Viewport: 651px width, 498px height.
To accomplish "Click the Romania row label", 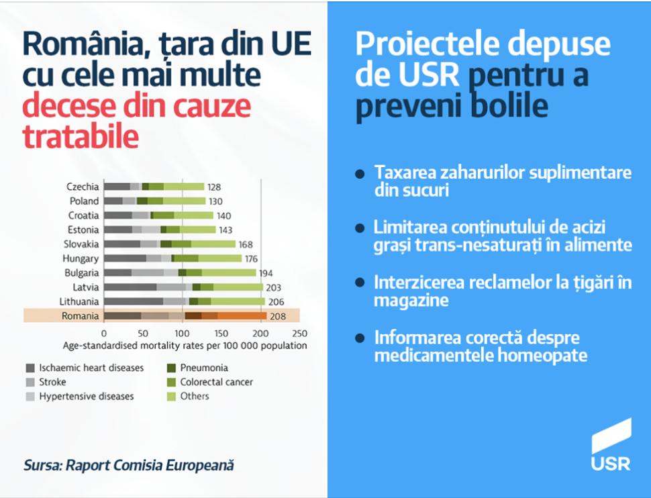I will pos(80,316).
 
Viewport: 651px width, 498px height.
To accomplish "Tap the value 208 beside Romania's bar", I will pos(279,316).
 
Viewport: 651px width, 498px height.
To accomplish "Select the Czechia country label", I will pos(83,187).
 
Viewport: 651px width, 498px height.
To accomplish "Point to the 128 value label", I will pos(214,187).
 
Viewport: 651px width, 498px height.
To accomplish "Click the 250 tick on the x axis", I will pos(300,333).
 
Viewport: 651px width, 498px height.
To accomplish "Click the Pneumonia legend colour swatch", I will pos(171,368).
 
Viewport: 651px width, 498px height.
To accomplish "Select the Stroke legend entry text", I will pos(52,382).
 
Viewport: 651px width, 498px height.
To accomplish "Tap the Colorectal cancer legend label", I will pos(216,382).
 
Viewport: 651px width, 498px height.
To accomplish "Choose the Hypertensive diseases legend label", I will pos(86,396).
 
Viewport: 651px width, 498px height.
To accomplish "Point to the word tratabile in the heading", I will pos(81,136).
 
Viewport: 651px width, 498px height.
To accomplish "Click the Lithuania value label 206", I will pos(276,301).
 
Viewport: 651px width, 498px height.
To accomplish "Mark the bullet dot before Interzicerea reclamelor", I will pos(360,283).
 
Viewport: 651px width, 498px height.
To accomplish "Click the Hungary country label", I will pos(81,258).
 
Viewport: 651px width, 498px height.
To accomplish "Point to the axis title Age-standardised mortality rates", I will pos(185,346).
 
